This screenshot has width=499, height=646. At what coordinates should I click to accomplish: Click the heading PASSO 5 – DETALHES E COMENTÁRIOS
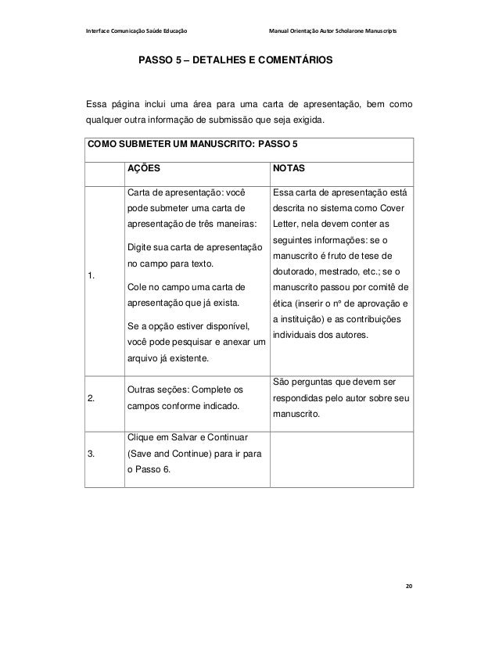pyautogui.click(x=235, y=59)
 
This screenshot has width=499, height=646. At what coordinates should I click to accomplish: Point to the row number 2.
pyautogui.click(x=92, y=397)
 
